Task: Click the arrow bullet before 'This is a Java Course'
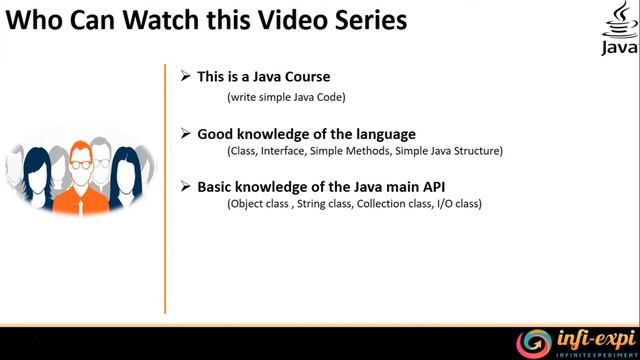(x=185, y=76)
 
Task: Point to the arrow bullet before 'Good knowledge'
(x=185, y=132)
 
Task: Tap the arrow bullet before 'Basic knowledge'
(x=185, y=186)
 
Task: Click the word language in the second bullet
(x=380, y=133)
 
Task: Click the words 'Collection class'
(x=399, y=205)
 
